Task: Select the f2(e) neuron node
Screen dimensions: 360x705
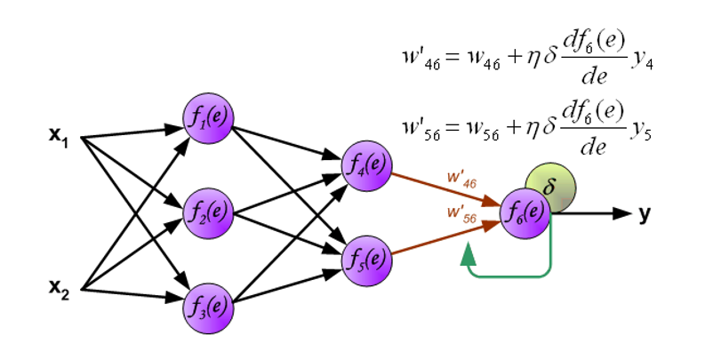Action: click(x=207, y=212)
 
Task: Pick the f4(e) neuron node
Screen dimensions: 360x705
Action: click(x=367, y=164)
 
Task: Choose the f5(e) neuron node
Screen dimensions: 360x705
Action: click(x=367, y=259)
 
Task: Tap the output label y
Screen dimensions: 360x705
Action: click(x=645, y=214)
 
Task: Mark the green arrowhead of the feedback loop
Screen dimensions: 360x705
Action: click(x=468, y=254)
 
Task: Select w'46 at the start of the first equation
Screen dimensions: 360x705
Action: click(x=421, y=59)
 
